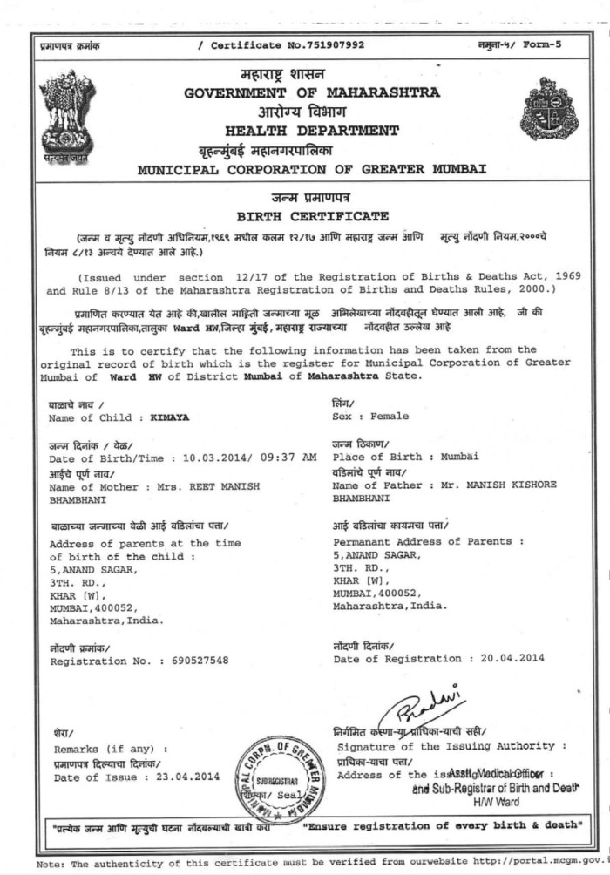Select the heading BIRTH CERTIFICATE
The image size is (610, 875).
tap(313, 215)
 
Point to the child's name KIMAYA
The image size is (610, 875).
tap(170, 417)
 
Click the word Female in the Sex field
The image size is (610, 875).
tap(390, 417)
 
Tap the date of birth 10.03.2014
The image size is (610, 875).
tap(208, 458)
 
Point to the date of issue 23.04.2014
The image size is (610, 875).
tap(187, 777)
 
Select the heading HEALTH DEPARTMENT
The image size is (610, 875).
tap(312, 131)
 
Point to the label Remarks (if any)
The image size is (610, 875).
tap(112, 750)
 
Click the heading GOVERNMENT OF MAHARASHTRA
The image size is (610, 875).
tap(312, 93)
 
